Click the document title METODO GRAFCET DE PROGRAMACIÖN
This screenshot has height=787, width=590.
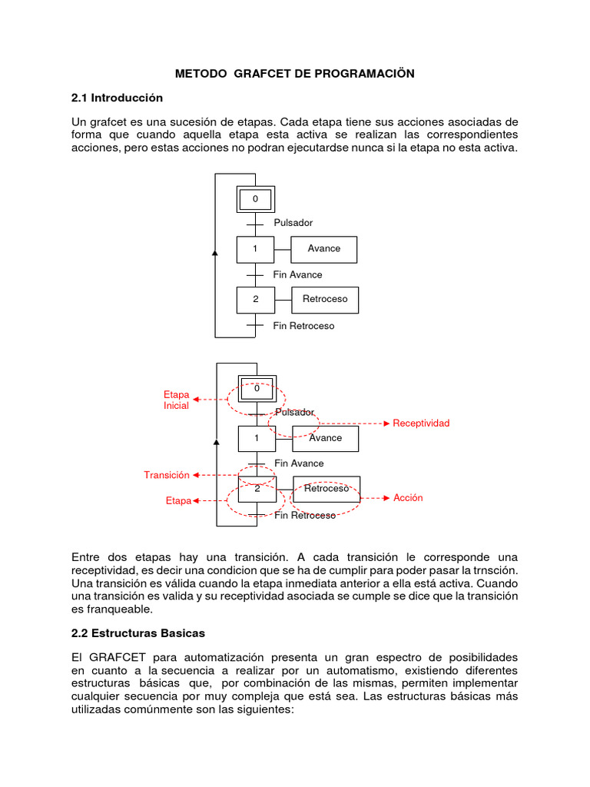coord(294,74)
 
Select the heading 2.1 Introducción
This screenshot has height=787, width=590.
coord(118,98)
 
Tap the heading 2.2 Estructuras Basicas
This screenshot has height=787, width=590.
coord(138,633)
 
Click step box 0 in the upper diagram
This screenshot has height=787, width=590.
coord(255,200)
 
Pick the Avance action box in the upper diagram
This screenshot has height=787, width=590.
coord(323,249)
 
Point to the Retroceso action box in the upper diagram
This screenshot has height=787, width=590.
coord(325,299)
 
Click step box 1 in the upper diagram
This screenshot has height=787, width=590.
coord(255,249)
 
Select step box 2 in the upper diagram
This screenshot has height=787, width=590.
coord(255,299)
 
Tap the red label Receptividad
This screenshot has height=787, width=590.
coord(421,423)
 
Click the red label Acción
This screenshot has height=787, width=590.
coord(408,498)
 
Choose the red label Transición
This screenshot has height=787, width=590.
coord(167,475)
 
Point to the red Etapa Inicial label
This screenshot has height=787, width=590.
coord(176,400)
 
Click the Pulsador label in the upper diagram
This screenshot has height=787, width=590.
coord(293,223)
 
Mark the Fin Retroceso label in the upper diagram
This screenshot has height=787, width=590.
coord(303,326)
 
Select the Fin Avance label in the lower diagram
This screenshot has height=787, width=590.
coord(299,463)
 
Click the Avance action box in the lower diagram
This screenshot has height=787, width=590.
coord(326,438)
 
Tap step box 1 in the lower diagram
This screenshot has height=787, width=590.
coord(257,438)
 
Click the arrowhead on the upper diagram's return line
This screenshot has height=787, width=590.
coord(215,252)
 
